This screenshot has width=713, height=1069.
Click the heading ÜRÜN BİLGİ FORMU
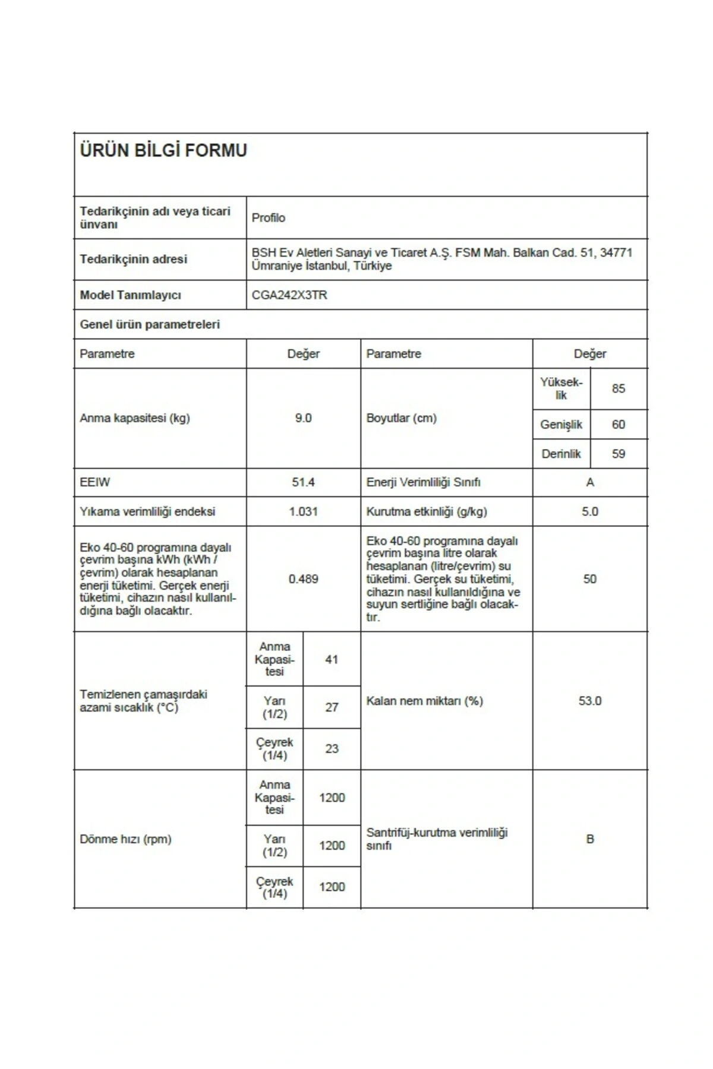pyautogui.click(x=163, y=151)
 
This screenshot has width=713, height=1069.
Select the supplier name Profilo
pyautogui.click(x=269, y=218)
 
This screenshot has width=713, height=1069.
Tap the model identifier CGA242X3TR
pyautogui.click(x=289, y=295)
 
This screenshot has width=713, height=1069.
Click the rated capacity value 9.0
pyautogui.click(x=303, y=418)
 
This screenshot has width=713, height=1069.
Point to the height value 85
pyautogui.click(x=618, y=388)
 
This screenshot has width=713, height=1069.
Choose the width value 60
pyautogui.click(x=618, y=425)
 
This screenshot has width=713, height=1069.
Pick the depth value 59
pyautogui.click(x=618, y=454)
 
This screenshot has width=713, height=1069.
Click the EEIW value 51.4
pyautogui.click(x=303, y=482)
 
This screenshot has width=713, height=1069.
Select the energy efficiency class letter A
pyautogui.click(x=589, y=482)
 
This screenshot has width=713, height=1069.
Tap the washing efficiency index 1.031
pyautogui.click(x=303, y=511)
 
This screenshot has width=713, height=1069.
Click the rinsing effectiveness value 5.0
pyautogui.click(x=589, y=511)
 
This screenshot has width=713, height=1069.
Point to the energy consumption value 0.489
pyautogui.click(x=303, y=579)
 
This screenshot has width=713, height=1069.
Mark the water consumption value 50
pyautogui.click(x=589, y=579)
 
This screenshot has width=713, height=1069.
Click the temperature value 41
pyautogui.click(x=332, y=659)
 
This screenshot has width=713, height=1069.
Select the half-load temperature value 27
pyautogui.click(x=332, y=707)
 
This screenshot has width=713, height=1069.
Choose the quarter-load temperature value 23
pyautogui.click(x=332, y=749)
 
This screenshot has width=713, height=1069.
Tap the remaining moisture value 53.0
pyautogui.click(x=589, y=701)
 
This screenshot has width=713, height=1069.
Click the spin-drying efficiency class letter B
pyautogui.click(x=589, y=839)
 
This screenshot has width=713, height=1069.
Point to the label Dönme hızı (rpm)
pyautogui.click(x=125, y=839)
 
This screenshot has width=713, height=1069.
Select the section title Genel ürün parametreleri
pyautogui.click(x=150, y=324)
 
